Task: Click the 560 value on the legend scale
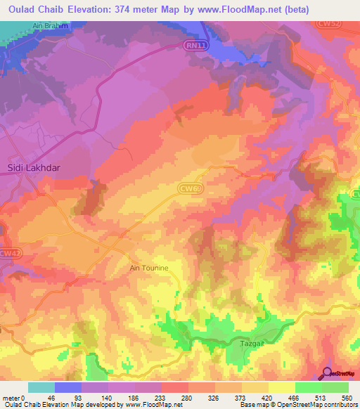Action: pyautogui.click(x=347, y=398)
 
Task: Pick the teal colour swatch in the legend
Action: pyautogui.click(x=41, y=387)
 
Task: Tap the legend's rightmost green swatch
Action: pyautogui.click(x=335, y=387)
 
